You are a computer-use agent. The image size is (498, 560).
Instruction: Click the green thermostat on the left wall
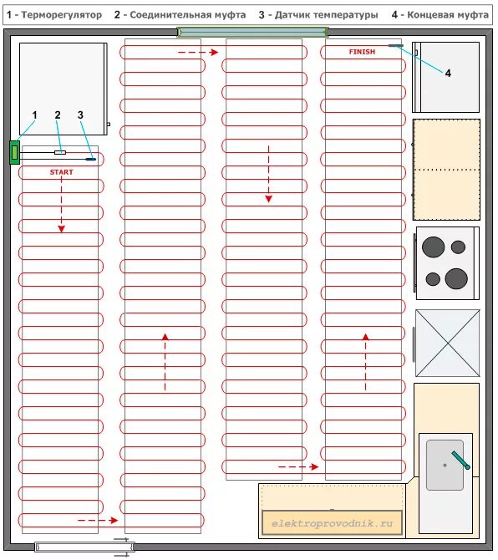(x=14, y=152)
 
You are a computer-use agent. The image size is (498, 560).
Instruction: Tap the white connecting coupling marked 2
(x=60, y=152)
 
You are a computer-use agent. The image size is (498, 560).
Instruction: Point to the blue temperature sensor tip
(x=91, y=159)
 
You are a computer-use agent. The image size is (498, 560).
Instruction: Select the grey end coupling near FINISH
(x=395, y=46)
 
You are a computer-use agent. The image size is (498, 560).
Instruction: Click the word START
(x=61, y=172)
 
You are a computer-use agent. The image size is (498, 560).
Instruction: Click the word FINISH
(x=362, y=52)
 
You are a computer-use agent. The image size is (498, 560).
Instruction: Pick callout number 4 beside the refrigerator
(x=448, y=74)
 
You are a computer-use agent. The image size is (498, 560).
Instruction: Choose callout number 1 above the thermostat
(x=34, y=115)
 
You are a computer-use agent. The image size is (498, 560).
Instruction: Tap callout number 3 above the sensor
(x=80, y=115)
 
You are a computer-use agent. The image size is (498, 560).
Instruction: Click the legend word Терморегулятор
(x=62, y=15)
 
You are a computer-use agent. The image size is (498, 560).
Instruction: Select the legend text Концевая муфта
(x=448, y=15)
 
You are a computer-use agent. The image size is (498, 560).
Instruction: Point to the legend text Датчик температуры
(x=326, y=15)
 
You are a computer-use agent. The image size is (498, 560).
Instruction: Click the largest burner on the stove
(x=456, y=278)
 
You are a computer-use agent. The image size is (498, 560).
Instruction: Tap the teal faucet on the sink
(x=461, y=460)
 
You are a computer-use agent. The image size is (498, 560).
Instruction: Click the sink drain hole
(x=445, y=465)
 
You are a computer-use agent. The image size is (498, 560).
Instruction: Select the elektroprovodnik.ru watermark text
(x=332, y=523)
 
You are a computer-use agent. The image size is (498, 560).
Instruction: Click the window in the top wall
(x=252, y=33)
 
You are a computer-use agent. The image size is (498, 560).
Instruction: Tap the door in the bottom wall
(x=84, y=547)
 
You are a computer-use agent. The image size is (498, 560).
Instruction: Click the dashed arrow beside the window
(x=198, y=53)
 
